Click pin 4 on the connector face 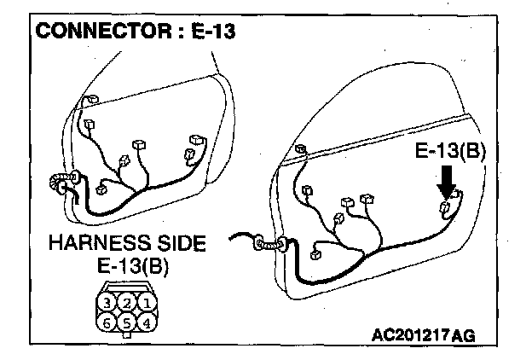click(146, 322)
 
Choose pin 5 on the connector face click(125, 322)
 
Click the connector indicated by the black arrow click(444, 208)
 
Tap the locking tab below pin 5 click(125, 336)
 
